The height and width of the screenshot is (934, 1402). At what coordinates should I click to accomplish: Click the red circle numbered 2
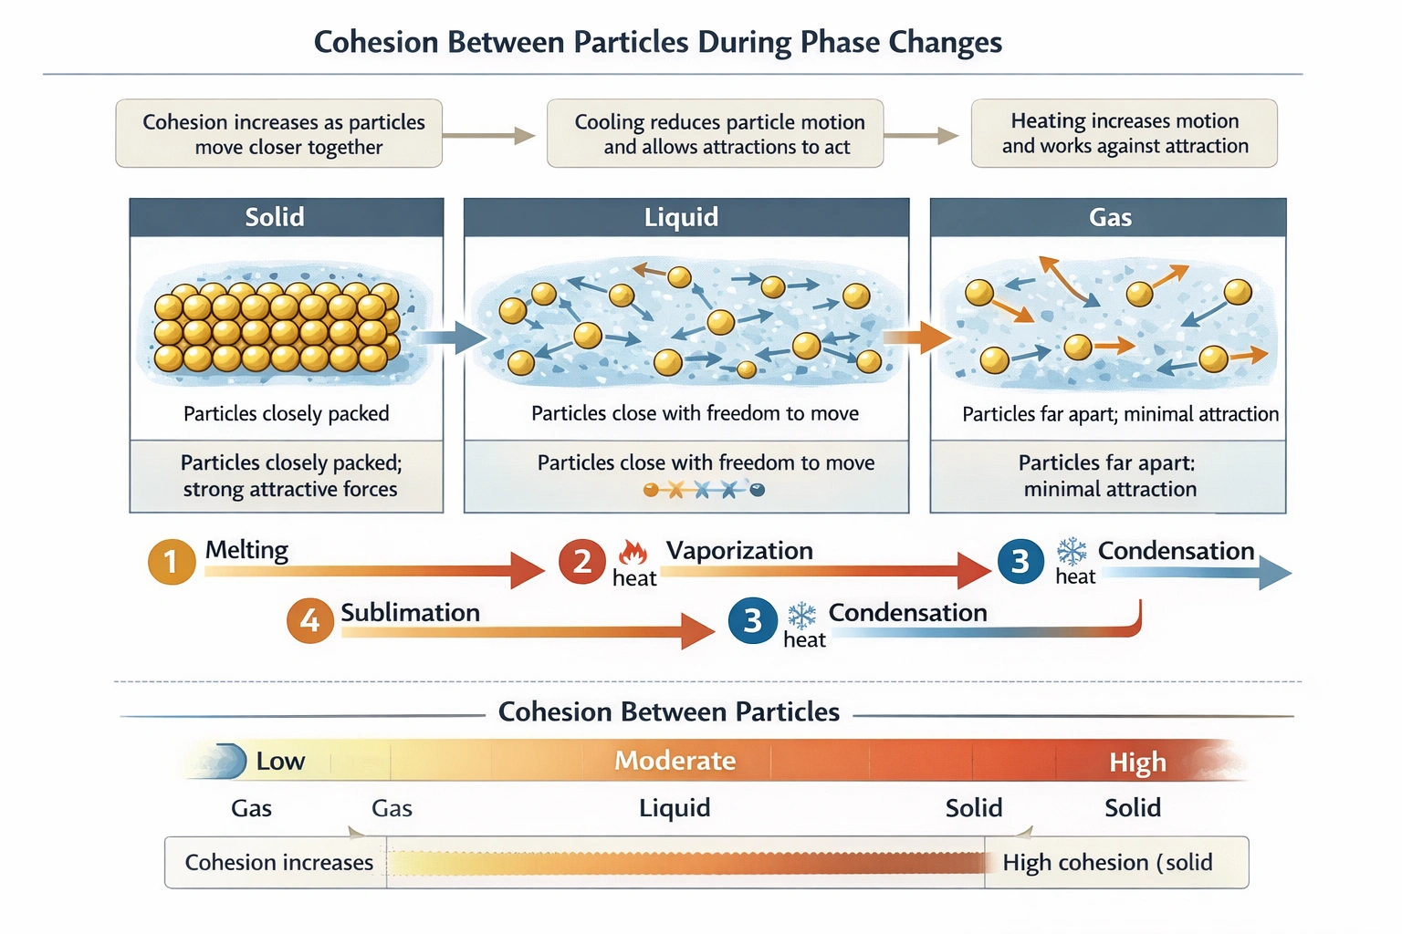582,561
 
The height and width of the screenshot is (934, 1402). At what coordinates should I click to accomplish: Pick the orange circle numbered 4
310,620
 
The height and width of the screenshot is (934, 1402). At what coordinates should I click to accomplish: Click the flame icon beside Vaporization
633,553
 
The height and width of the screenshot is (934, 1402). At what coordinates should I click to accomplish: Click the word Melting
246,550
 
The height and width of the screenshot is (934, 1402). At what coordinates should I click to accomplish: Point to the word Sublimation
410,612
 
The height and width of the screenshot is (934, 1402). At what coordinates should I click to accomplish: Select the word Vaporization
739,551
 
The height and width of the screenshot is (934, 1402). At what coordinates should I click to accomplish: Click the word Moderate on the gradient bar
675,761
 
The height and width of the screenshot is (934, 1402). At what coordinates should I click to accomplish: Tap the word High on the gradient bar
1137,762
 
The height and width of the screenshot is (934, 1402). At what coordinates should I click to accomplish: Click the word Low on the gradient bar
280,761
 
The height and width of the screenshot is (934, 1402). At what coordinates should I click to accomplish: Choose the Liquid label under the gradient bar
675,808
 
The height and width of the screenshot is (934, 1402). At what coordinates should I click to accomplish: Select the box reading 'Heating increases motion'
1124,133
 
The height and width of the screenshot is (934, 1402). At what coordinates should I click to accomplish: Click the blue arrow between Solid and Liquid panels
454,337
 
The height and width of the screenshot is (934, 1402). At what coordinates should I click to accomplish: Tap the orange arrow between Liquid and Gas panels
918,337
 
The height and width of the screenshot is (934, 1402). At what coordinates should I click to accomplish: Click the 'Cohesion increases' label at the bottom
278,862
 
